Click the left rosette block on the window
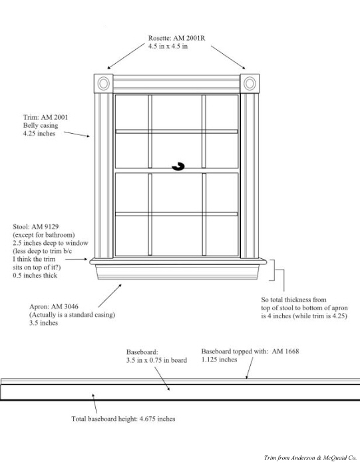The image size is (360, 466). pyautogui.click(x=103, y=83)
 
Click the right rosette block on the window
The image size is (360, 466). pyautogui.click(x=250, y=83)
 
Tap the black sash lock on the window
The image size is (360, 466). pyautogui.click(x=178, y=166)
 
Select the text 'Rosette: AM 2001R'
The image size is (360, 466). pyautogui.click(x=177, y=38)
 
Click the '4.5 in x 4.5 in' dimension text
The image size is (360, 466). pyautogui.click(x=168, y=46)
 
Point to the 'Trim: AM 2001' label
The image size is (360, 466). pyautogui.click(x=45, y=117)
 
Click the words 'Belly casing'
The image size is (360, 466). pyautogui.click(x=41, y=125)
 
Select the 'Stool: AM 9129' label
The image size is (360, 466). pyautogui.click(x=36, y=226)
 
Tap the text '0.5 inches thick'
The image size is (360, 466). pyautogui.click(x=35, y=275)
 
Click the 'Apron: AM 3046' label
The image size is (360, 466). pyautogui.click(x=54, y=306)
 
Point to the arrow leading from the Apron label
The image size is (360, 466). pyautogui.click(x=110, y=296)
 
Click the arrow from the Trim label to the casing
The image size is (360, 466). pyautogui.click(x=77, y=134)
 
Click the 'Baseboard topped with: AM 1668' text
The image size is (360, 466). pyautogui.click(x=250, y=351)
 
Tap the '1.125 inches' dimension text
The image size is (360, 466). pyautogui.click(x=219, y=359)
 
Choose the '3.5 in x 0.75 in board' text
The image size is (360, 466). pyautogui.click(x=156, y=360)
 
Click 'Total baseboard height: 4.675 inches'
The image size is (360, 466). pyautogui.click(x=123, y=419)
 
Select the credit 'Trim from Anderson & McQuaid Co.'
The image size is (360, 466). pyautogui.click(x=310, y=458)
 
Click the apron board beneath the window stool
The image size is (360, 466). pyautogui.click(x=178, y=272)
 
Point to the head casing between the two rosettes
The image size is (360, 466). pyautogui.click(x=176, y=84)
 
